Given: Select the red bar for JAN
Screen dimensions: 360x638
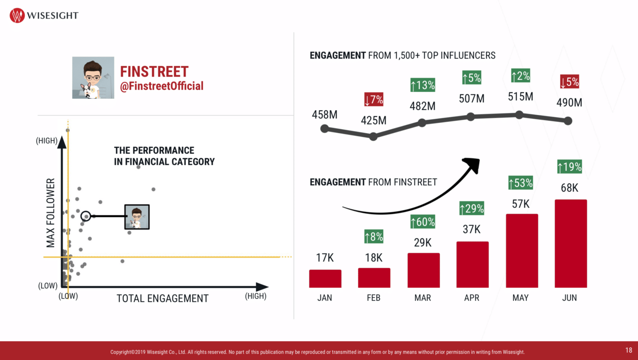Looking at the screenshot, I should [x=325, y=279].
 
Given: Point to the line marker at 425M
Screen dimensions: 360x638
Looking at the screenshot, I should [x=373, y=137].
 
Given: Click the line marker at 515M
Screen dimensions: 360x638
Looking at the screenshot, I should [x=519, y=115].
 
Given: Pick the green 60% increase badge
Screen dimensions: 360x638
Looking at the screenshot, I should [x=423, y=222].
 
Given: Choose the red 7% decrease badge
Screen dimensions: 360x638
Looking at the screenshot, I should [x=374, y=99].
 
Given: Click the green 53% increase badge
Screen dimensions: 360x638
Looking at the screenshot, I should [x=521, y=183].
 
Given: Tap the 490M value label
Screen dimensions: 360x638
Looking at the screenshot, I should [x=569, y=103].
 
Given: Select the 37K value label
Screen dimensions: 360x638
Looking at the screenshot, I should [x=472, y=230].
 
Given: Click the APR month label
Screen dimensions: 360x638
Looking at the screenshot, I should [x=472, y=298].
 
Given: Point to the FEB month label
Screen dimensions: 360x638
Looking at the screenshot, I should [x=374, y=298].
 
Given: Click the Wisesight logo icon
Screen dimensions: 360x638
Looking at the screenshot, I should [x=17, y=16].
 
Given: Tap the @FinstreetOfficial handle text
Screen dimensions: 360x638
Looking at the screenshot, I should [x=161, y=86].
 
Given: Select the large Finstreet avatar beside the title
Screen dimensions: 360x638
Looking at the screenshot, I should [x=93, y=78].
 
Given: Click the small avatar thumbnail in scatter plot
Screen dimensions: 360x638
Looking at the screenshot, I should [x=137, y=217].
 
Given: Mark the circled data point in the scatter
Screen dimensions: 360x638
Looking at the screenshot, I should [x=86, y=216].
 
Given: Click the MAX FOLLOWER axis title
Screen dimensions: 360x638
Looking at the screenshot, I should [x=51, y=213].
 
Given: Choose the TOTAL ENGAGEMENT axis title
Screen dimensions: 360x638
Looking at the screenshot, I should [x=162, y=299].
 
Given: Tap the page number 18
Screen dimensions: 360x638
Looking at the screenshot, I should [x=629, y=350].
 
